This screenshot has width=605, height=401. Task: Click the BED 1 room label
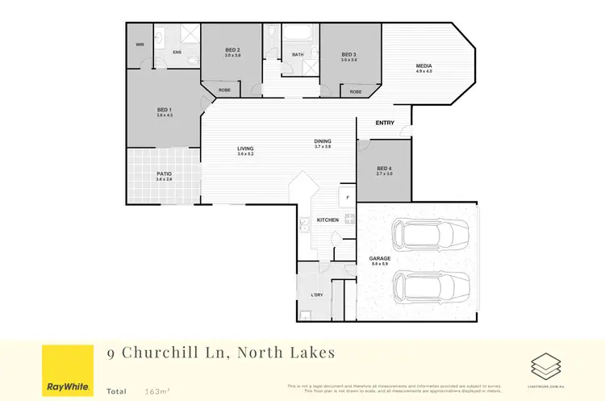tap(165, 110)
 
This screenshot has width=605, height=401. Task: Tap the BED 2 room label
tap(233, 51)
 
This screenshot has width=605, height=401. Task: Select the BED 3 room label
tap(348, 56)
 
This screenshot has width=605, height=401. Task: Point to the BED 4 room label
tap(384, 169)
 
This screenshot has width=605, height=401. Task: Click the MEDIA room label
tap(423, 66)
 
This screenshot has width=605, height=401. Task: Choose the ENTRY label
tap(386, 123)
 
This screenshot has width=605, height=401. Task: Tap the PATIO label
tap(164, 173)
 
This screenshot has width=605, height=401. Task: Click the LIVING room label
tap(245, 149)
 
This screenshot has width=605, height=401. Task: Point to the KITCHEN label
tap(328, 219)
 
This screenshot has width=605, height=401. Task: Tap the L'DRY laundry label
tap(317, 294)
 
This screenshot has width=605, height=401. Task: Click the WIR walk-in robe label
tap(140, 44)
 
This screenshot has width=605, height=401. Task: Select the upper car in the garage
tap(429, 235)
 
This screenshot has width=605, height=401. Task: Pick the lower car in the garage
tap(429, 287)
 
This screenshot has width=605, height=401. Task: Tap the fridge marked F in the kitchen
tap(347, 198)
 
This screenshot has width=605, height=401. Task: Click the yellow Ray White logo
tap(67, 371)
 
